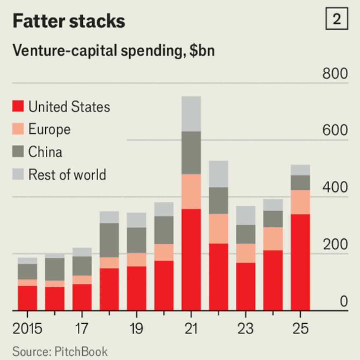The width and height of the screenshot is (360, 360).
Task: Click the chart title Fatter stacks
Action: (69, 21)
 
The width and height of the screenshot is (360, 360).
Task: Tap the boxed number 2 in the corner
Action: (336, 20)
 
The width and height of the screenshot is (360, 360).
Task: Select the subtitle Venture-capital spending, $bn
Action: (113, 51)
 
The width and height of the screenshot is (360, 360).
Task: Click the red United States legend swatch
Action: (18, 107)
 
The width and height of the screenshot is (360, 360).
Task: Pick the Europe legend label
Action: (49, 129)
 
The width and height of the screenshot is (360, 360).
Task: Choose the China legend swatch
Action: (18, 152)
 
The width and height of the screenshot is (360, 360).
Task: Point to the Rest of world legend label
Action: (67, 175)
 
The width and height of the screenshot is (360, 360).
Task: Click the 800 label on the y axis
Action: (335, 74)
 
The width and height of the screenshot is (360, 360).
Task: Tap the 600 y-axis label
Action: (335, 131)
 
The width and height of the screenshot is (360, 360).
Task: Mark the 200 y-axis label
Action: (335, 245)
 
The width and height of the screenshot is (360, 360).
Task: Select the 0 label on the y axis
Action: (343, 302)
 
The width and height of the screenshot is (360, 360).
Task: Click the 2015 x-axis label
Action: (28, 329)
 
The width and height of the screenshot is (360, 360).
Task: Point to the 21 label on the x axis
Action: (191, 329)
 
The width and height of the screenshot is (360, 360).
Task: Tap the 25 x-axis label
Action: (300, 329)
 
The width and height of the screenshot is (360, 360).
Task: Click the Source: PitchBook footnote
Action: (60, 352)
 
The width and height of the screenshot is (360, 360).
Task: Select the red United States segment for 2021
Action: (191, 259)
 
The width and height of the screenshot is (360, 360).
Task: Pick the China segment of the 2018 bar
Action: (109, 240)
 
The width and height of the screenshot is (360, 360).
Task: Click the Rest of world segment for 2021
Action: (191, 114)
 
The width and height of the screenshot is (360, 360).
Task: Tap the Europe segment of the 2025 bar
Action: (300, 202)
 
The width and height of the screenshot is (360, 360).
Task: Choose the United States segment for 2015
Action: (28, 298)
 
